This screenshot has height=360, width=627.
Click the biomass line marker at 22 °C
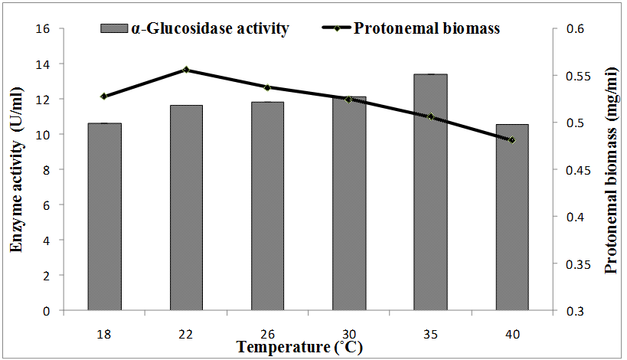click(186, 70)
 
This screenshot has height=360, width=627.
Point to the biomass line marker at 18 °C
click(104, 97)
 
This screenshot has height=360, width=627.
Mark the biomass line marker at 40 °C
click(511, 139)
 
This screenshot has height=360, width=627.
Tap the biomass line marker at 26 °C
click(267, 87)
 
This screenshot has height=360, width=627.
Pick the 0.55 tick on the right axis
click(572, 76)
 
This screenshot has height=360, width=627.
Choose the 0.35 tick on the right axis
click(572, 264)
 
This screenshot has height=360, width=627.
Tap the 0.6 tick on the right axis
click(570, 29)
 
